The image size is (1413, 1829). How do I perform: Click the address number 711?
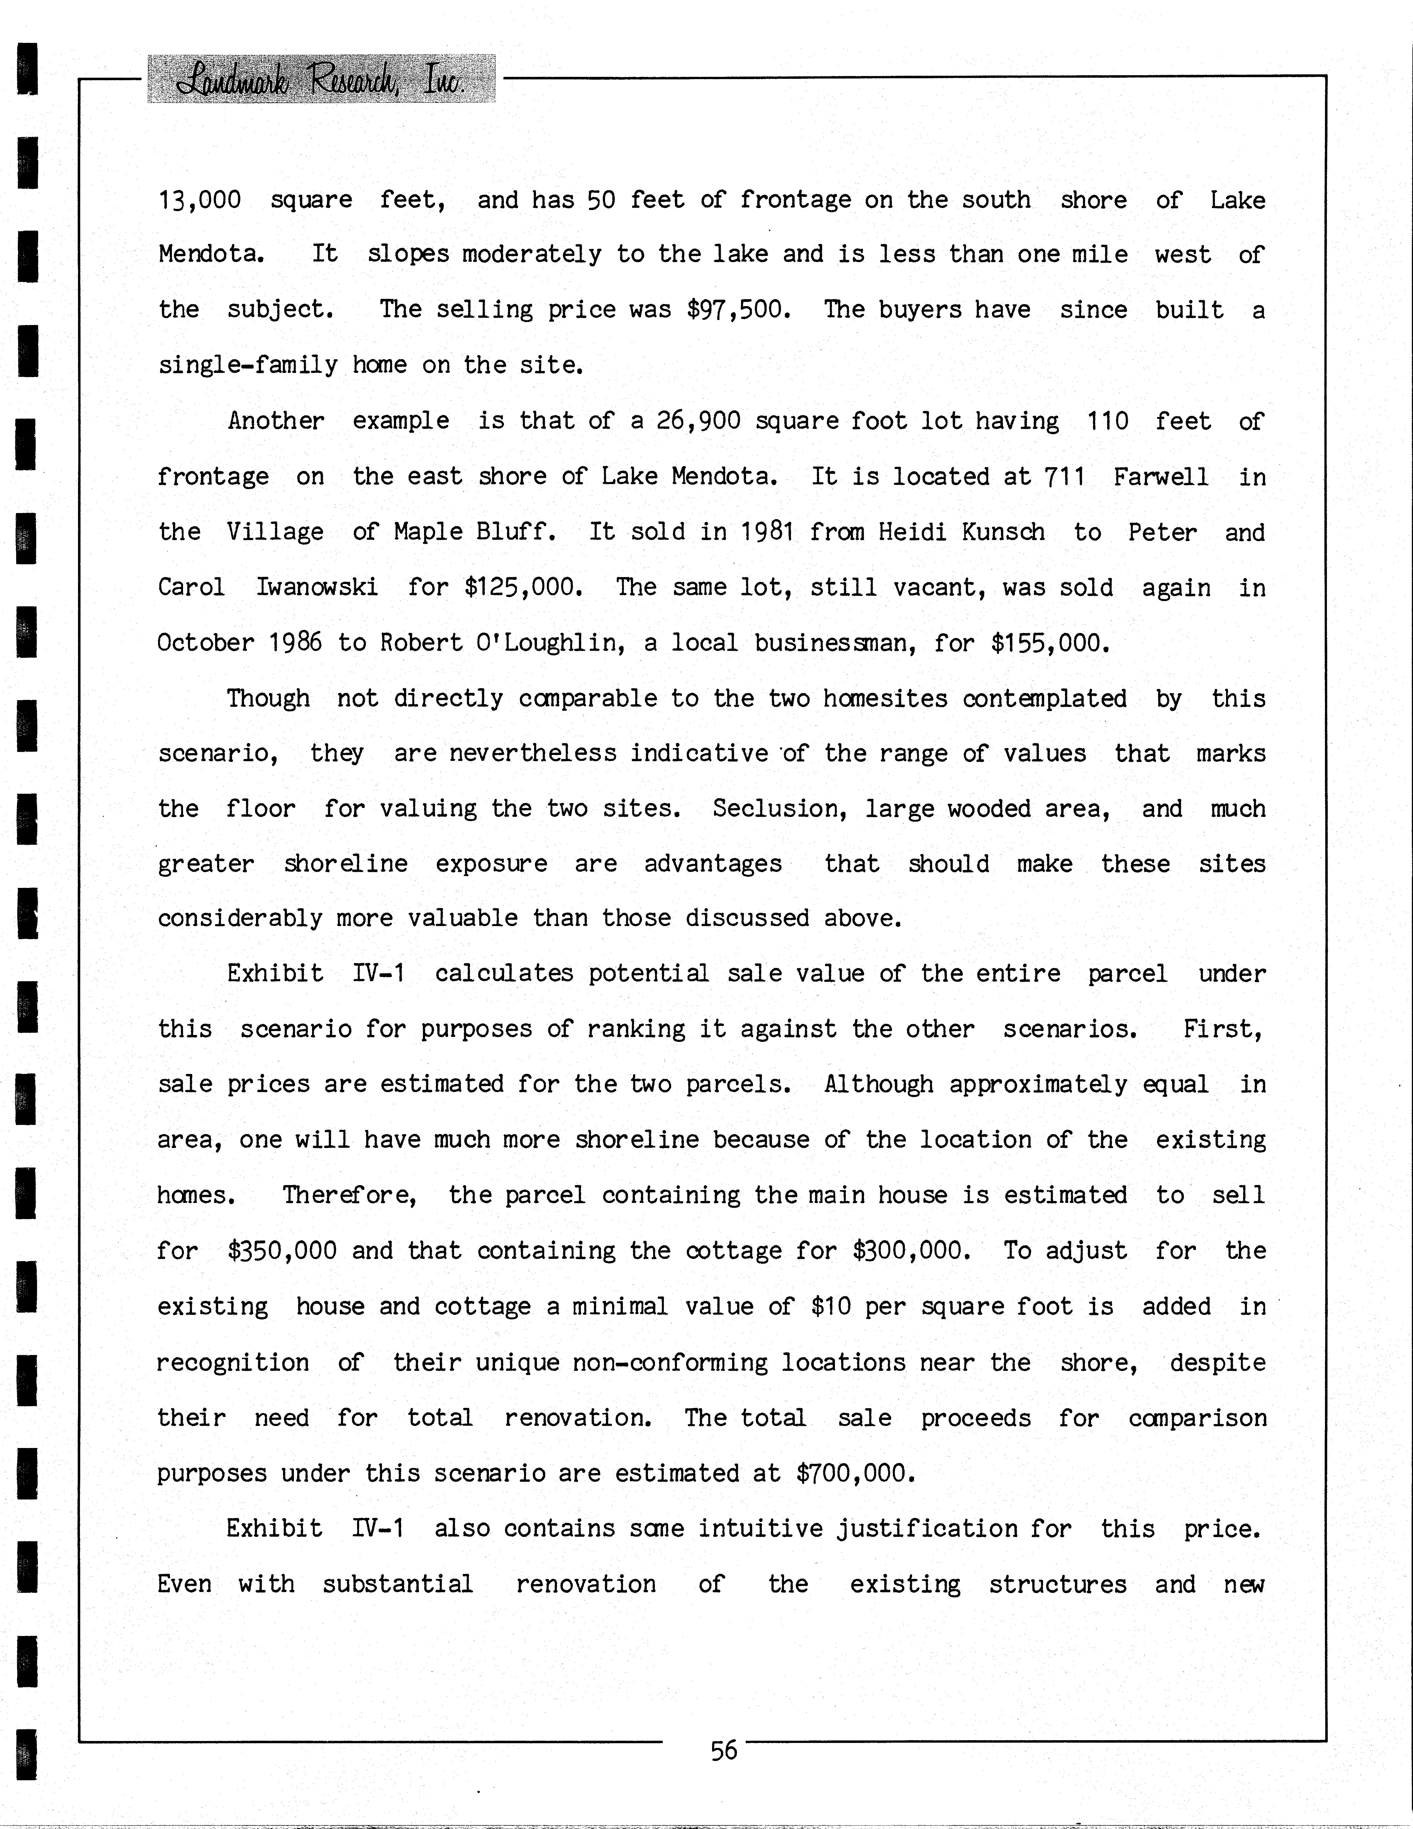coord(1064,477)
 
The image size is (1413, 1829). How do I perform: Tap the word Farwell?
coord(1160,477)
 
